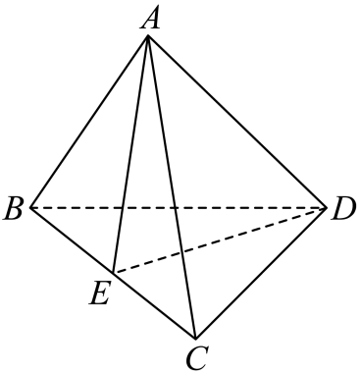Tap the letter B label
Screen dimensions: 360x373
click(14, 209)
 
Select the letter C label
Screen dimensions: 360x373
click(197, 358)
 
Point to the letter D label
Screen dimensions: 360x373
click(343, 209)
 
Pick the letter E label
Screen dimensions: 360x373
click(99, 293)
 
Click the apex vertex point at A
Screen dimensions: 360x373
click(148, 35)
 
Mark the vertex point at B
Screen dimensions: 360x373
click(30, 207)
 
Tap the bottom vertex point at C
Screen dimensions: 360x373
click(195, 339)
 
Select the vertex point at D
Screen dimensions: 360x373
click(327, 207)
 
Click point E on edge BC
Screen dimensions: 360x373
click(113, 273)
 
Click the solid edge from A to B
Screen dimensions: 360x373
click(89, 122)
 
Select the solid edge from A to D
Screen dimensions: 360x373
click(237, 122)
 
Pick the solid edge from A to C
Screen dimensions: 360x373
click(172, 186)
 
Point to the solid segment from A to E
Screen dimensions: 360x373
click(130, 154)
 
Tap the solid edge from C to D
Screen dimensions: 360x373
click(261, 273)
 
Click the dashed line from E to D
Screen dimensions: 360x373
click(220, 240)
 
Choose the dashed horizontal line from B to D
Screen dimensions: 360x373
click(179, 207)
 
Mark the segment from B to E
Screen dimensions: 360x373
click(72, 240)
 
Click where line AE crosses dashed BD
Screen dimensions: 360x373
click(123, 207)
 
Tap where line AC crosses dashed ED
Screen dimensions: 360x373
click(180, 252)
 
